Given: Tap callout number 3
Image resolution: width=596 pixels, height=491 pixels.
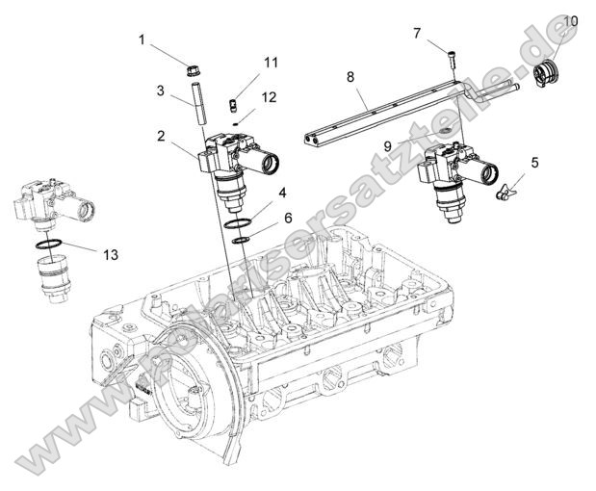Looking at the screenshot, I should tap(161, 90).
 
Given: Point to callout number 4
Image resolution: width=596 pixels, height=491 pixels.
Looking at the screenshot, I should tap(282, 194).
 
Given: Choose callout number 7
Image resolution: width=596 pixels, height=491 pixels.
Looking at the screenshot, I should tap(417, 34).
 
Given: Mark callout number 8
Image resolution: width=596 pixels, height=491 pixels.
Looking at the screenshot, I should tap(350, 75).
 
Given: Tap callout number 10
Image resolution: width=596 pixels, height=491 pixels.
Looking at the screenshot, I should tap(571, 20).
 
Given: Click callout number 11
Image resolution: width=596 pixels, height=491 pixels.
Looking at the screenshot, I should tap(271, 63).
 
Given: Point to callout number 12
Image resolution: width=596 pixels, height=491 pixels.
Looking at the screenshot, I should tap(269, 97).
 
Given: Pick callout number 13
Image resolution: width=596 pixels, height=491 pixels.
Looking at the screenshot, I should tap(111, 255).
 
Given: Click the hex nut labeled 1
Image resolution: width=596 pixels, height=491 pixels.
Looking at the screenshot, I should tap(192, 69).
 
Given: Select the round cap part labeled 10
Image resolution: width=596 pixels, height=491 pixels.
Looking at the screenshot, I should tap(547, 72).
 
